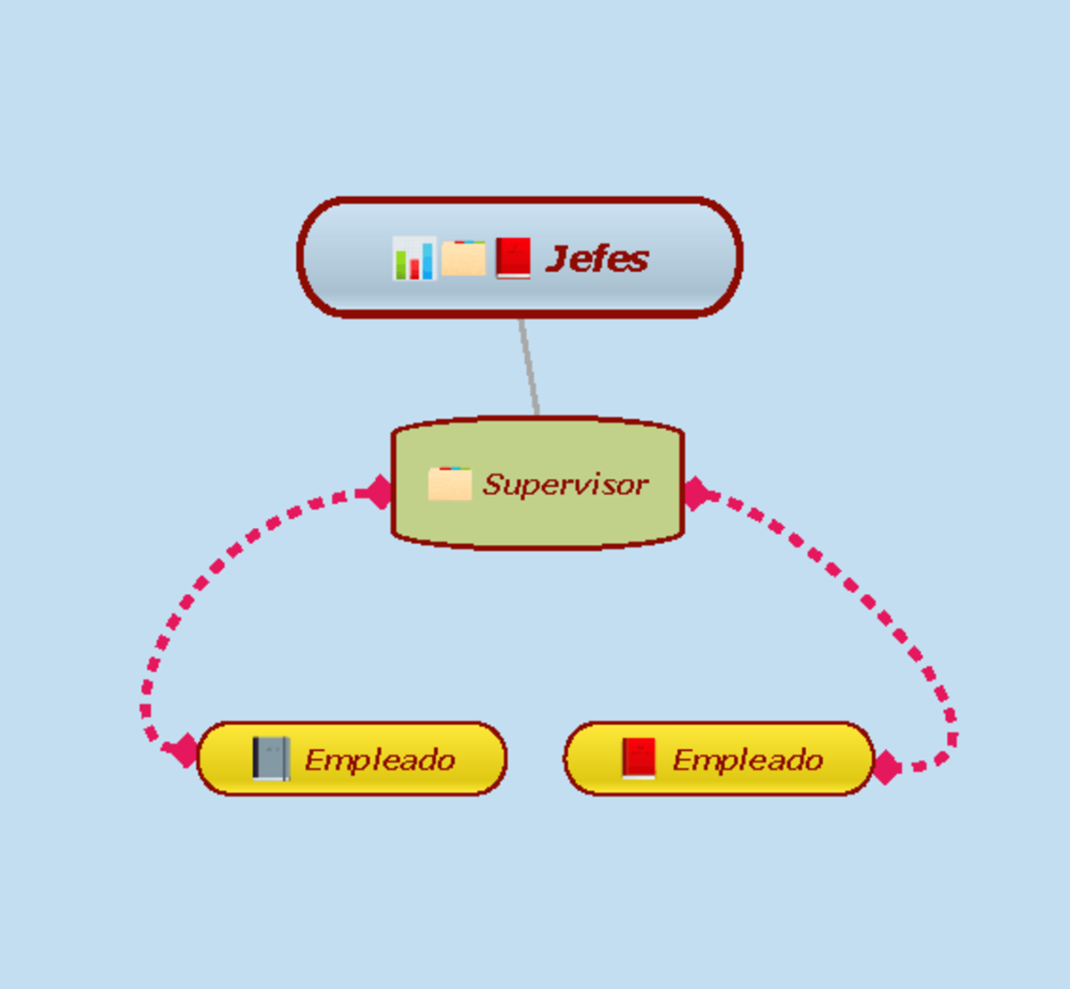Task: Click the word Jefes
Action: point(597,259)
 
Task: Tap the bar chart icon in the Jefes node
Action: point(414,259)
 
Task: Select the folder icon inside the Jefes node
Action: point(464,259)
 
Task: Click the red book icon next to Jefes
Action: point(514,259)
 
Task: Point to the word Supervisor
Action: point(565,484)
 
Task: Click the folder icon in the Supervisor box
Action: point(449,483)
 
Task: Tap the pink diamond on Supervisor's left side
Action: point(379,491)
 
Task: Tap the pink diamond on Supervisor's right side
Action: point(695,492)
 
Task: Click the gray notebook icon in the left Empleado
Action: point(270,759)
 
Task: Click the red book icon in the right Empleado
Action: point(638,759)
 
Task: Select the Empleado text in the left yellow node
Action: point(380,760)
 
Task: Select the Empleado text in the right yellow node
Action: point(747,760)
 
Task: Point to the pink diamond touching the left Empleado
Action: point(185,750)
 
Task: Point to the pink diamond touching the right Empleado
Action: point(885,767)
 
